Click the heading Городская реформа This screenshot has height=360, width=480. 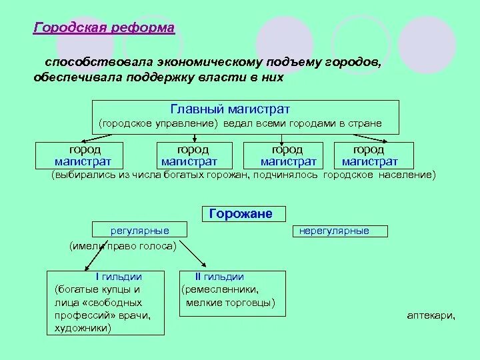coord(104,28)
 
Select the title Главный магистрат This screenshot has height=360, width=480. coord(230,109)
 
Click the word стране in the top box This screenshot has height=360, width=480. coord(363,124)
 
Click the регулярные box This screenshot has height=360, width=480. coord(139,231)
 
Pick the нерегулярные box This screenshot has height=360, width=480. coord(334,231)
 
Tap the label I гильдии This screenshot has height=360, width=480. coord(119,277)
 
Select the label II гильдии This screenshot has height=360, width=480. coord(219,277)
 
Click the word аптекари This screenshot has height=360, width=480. coord(431,316)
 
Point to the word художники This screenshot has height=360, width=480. coord(82,328)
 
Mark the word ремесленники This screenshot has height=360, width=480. coord(220,290)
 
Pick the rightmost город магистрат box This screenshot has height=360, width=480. coord(369,156)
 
